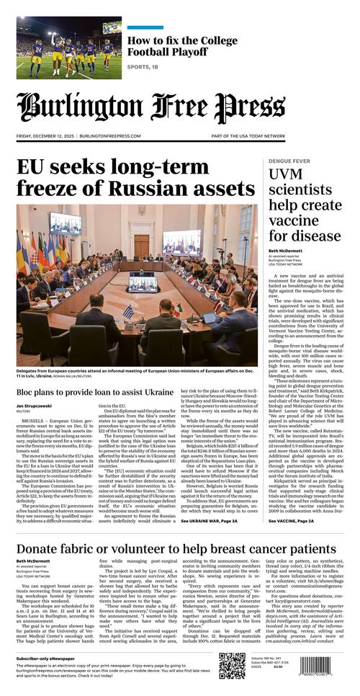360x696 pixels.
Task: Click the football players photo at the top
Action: pyautogui.click(x=69, y=48)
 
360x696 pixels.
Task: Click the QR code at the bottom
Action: pyautogui.click(x=233, y=666)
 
